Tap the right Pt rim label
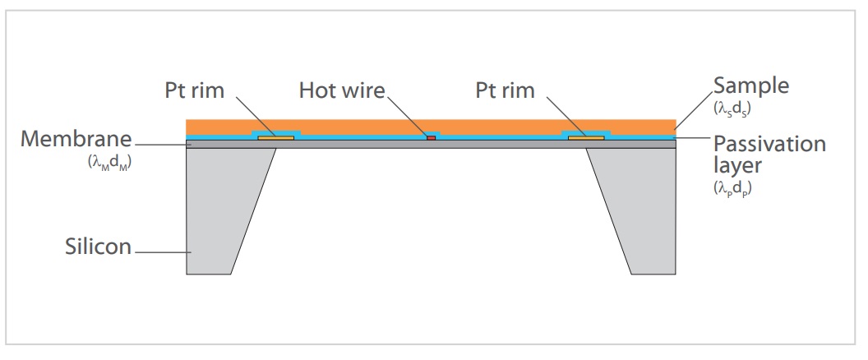pyautogui.click(x=505, y=90)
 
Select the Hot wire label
pyautogui.click(x=342, y=90)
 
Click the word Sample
pyautogui.click(x=750, y=85)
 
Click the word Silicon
pyautogui.click(x=98, y=246)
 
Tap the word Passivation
pyautogui.click(x=769, y=144)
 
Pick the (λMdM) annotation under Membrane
pyautogui.click(x=110, y=163)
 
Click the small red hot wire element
pyautogui.click(x=431, y=137)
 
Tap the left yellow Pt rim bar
pyautogui.click(x=276, y=137)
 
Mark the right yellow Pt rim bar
pyautogui.click(x=586, y=137)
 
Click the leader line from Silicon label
pyautogui.click(x=160, y=250)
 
